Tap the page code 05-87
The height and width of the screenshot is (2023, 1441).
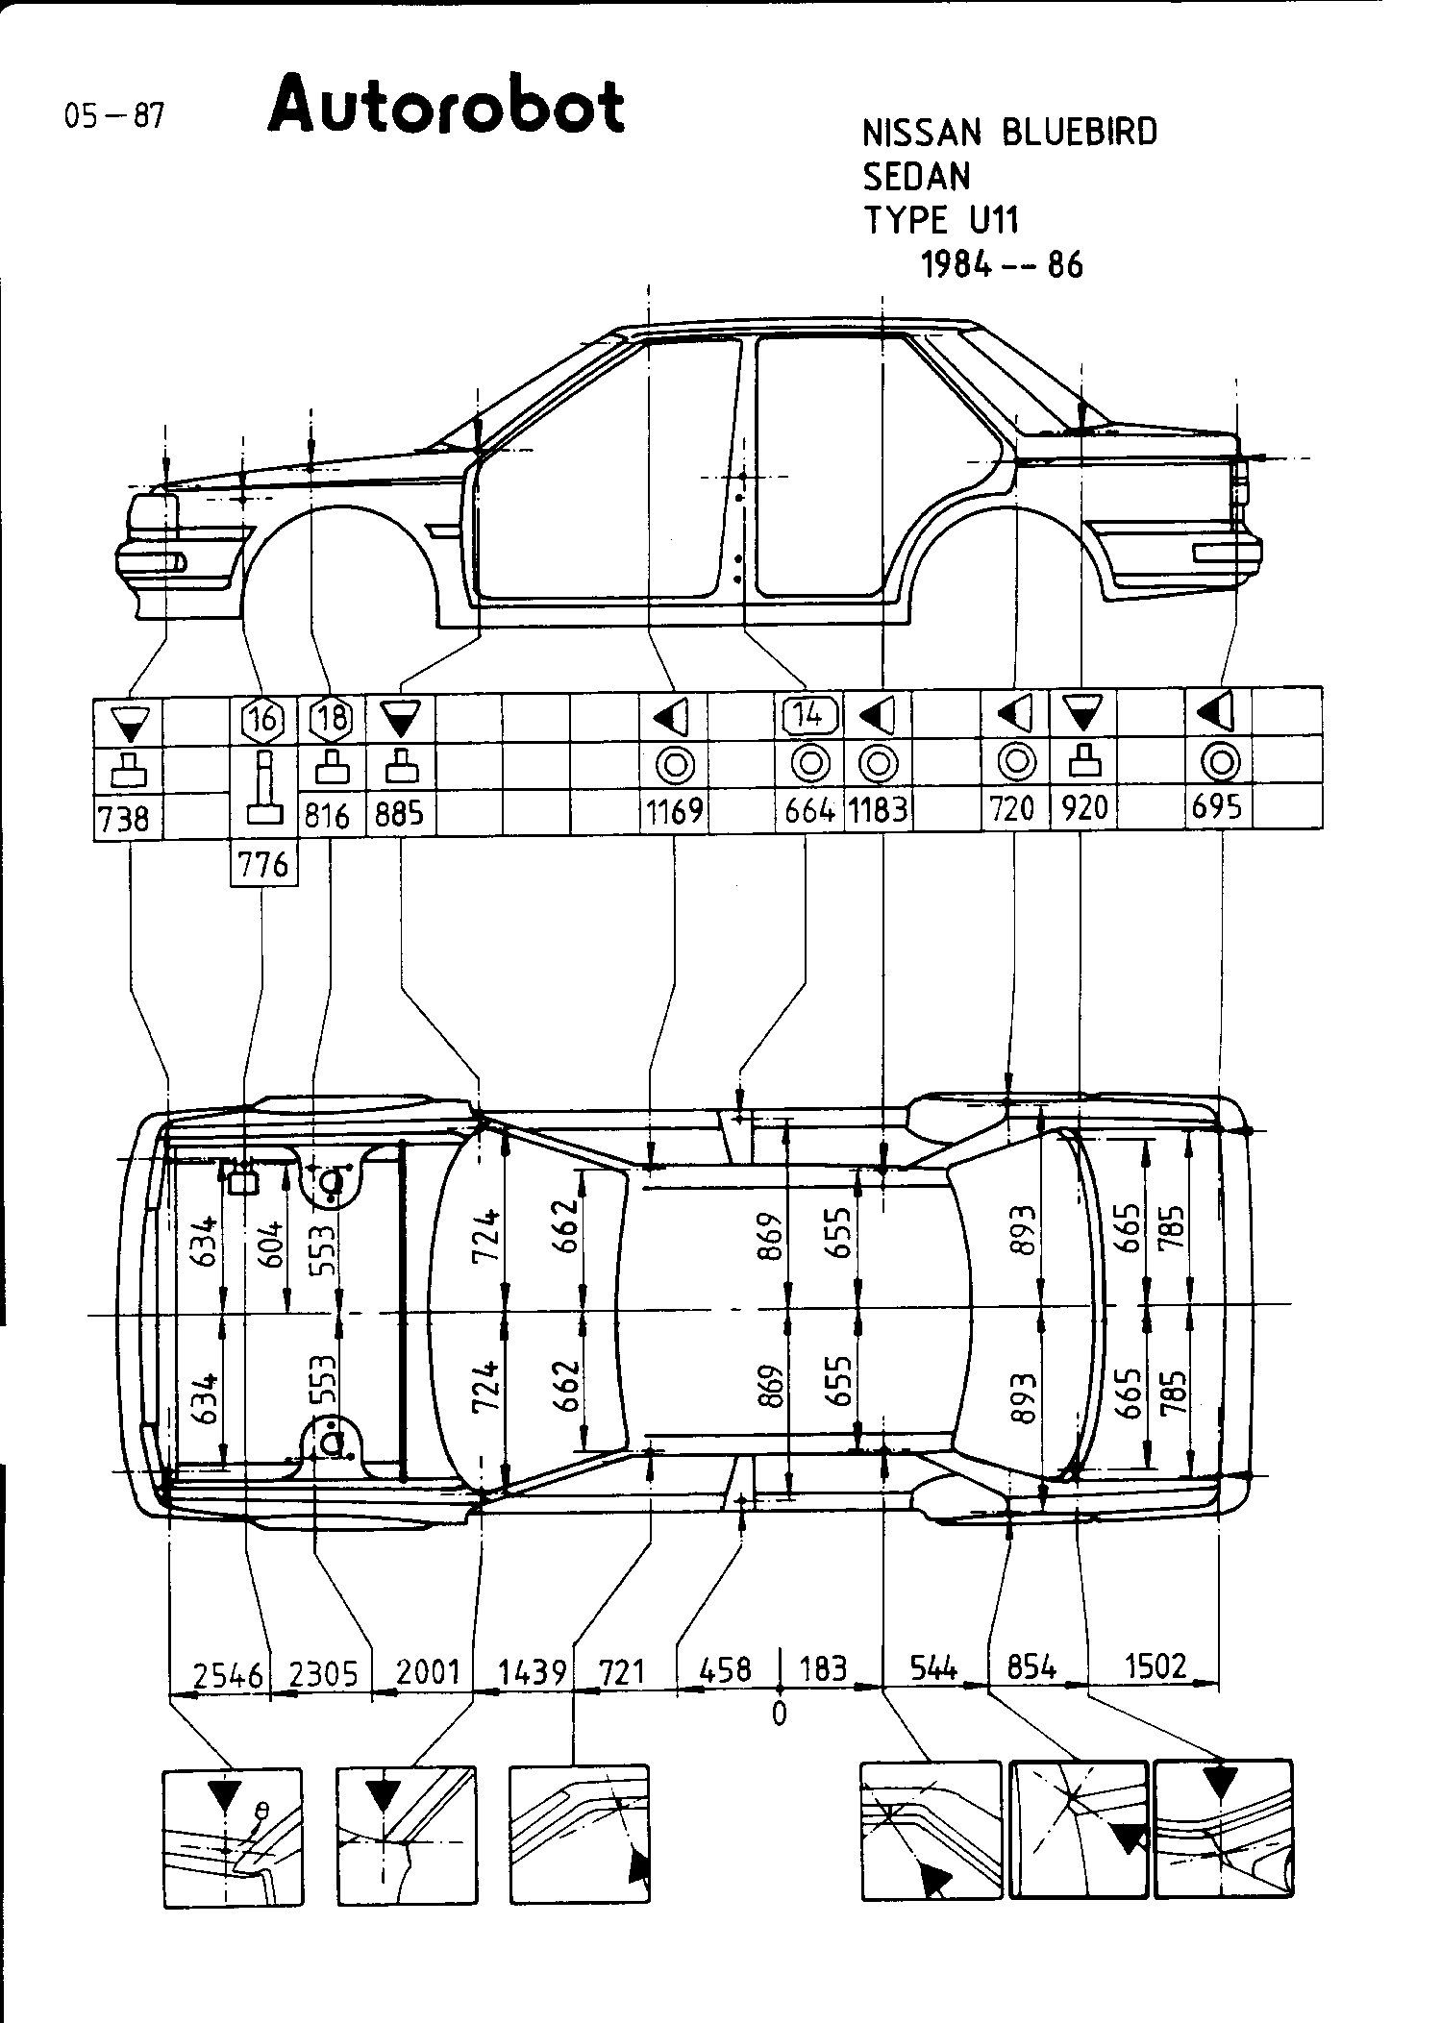click(113, 116)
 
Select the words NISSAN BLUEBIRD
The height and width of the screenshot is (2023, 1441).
click(1009, 133)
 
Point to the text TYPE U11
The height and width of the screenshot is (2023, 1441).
click(940, 221)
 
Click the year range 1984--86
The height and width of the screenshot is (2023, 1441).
click(1002, 265)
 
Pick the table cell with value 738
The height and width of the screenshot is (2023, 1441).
click(125, 818)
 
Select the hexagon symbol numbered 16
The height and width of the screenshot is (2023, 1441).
click(263, 718)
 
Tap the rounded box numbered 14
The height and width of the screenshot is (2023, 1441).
click(810, 715)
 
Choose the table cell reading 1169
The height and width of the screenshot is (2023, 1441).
click(675, 812)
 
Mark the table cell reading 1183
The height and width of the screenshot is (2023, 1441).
click(878, 812)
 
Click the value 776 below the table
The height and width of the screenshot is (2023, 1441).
click(262, 865)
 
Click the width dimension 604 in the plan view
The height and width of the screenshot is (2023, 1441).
click(274, 1245)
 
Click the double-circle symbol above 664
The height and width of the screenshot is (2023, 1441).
click(810, 764)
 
